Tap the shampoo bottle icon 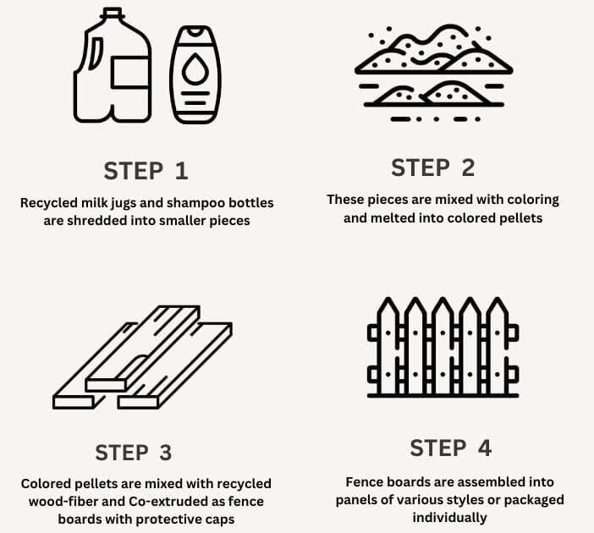point(195,74)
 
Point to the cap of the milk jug point(113,13)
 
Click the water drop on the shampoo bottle point(195,69)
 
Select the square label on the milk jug point(130,73)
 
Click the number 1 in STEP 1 point(181,171)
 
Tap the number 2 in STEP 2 point(468,168)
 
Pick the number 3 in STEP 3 point(165,453)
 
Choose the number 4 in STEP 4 point(485,448)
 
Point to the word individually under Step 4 point(449,518)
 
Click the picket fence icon point(443,348)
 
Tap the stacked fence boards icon point(142,357)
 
